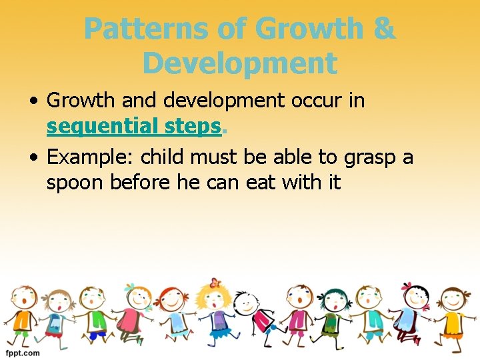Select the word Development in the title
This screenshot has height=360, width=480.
(x=240, y=63)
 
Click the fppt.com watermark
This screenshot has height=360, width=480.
(x=23, y=352)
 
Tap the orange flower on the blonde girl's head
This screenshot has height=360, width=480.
(x=214, y=283)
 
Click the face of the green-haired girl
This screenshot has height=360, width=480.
(x=331, y=301)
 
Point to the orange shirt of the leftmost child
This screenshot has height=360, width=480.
(x=23, y=320)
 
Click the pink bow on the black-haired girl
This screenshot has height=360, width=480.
(x=407, y=287)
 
